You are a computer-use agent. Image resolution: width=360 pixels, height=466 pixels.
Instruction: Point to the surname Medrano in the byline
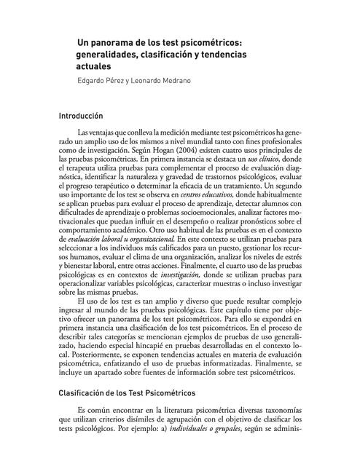tap(181, 82)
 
